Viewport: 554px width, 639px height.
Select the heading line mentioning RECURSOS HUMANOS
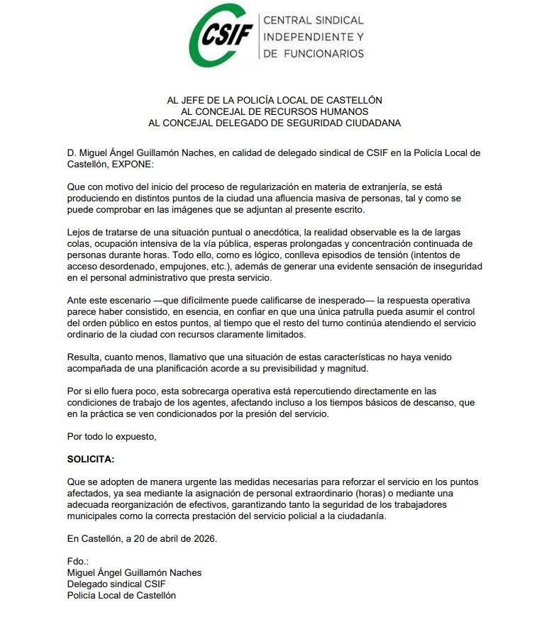[275, 111]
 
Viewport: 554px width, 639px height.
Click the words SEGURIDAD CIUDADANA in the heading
[340, 123]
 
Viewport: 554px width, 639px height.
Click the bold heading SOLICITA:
[90, 459]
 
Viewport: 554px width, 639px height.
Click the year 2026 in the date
[202, 538]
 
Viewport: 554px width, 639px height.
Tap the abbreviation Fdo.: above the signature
[77, 561]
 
